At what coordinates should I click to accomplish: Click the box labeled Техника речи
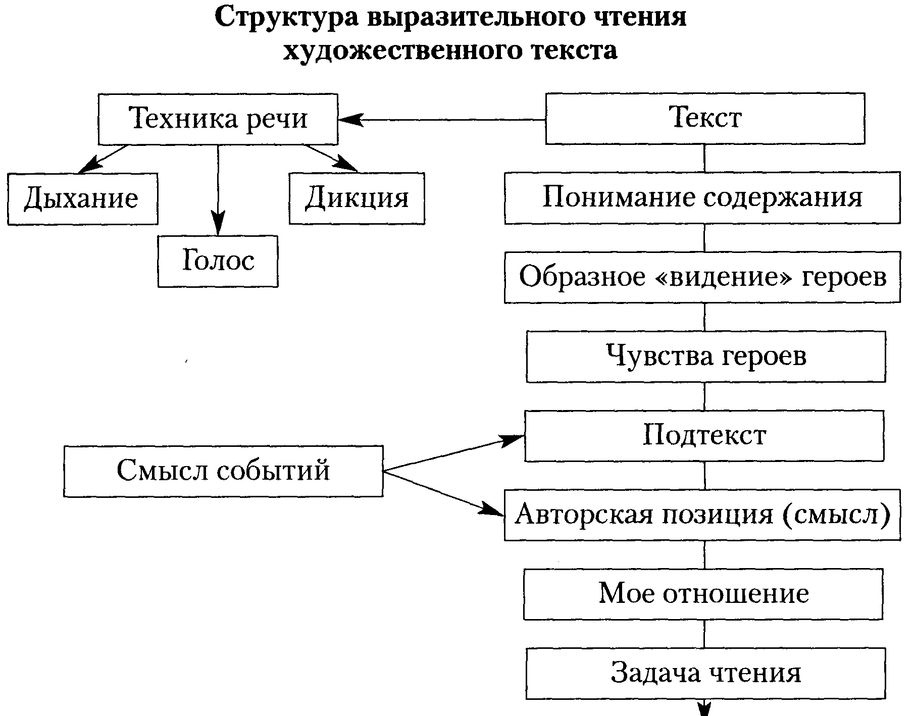click(218, 119)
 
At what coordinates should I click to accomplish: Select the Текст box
click(705, 119)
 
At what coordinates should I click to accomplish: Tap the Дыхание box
click(82, 198)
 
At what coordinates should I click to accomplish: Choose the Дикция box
click(357, 198)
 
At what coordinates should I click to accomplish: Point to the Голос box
click(218, 261)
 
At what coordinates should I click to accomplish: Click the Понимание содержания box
click(702, 197)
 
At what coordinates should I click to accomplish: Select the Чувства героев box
click(705, 356)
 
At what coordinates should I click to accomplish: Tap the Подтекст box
click(704, 435)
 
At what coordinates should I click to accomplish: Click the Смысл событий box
click(223, 471)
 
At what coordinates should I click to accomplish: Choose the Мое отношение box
click(703, 594)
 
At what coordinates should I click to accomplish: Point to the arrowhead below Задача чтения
click(704, 708)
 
